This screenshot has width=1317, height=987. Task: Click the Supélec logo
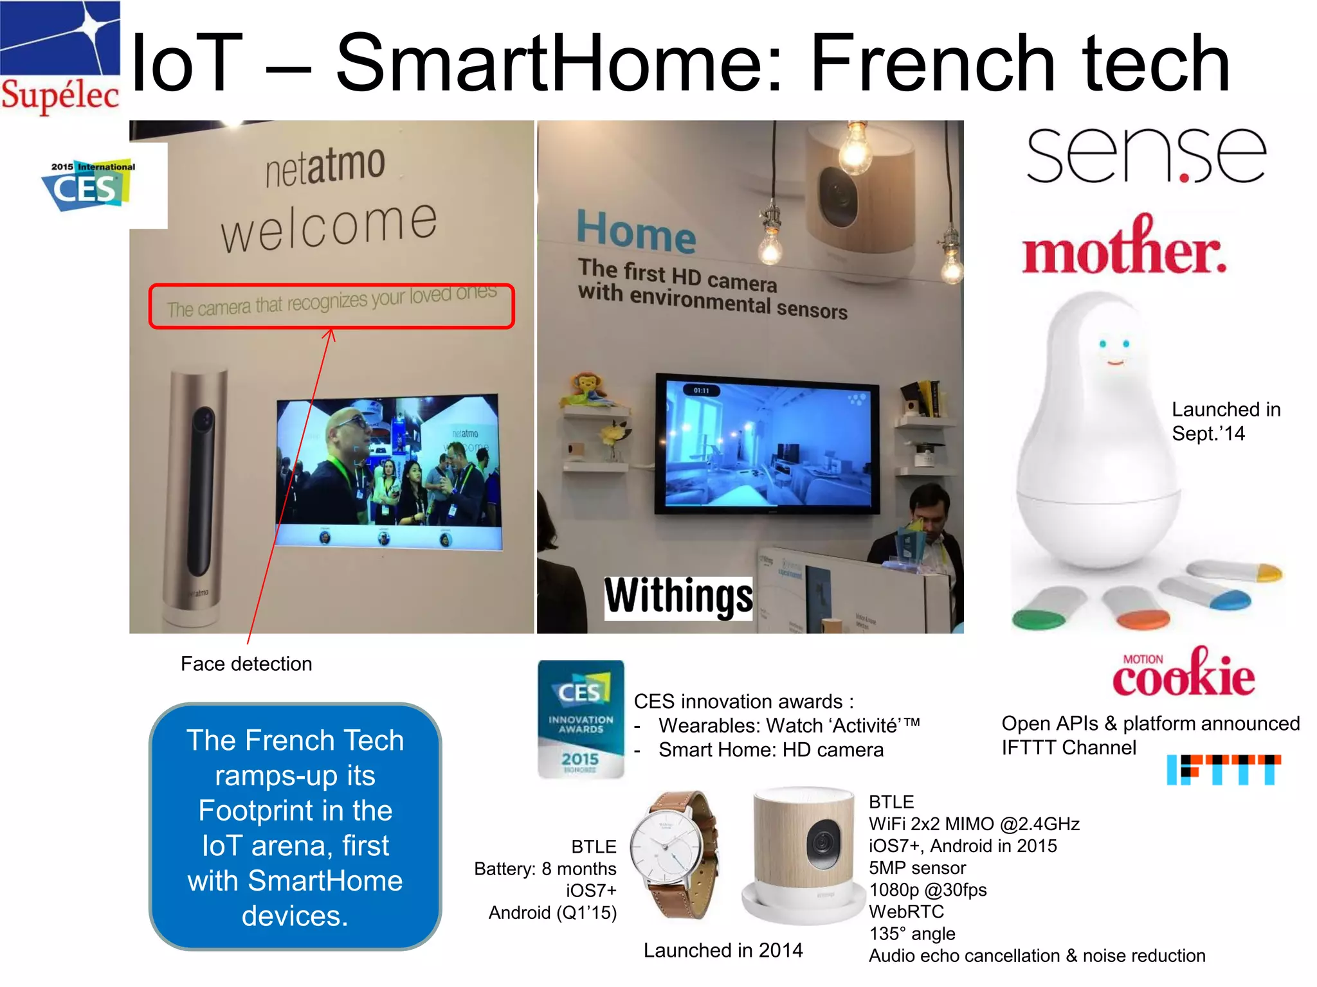60,58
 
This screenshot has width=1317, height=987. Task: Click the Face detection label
246,664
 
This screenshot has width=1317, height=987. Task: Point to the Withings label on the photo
678,597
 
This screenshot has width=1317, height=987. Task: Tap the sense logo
1145,154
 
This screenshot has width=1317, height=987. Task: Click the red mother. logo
1124,249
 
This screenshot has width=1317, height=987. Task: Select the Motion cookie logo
1183,673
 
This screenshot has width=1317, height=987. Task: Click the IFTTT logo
1223,769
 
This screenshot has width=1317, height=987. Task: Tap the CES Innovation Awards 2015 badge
581,719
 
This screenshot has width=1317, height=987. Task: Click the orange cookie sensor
1143,619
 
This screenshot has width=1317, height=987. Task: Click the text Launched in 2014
723,950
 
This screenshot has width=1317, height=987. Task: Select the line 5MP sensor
917,868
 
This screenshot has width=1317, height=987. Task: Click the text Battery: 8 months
545,869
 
